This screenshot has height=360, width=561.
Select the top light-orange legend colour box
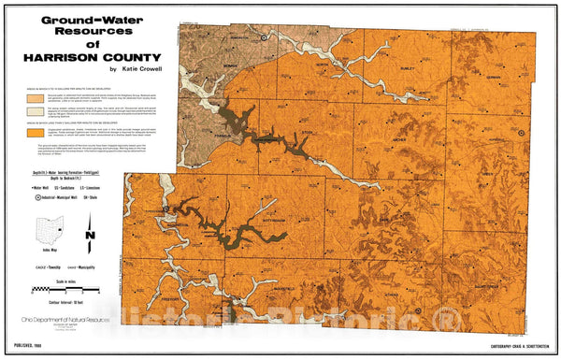35,97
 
